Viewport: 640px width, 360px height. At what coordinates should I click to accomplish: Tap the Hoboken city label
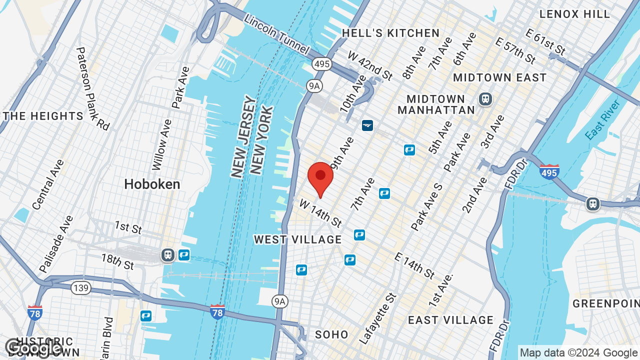click(x=152, y=184)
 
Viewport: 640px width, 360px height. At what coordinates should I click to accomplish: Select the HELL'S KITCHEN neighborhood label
click(x=390, y=33)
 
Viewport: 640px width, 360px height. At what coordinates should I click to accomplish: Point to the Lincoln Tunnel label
click(x=276, y=34)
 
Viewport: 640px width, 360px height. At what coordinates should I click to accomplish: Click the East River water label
click(x=602, y=120)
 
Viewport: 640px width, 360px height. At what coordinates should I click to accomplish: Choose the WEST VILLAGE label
click(x=297, y=239)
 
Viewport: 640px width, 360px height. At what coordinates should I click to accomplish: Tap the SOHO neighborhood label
click(x=331, y=334)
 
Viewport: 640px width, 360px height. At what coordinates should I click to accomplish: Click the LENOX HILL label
click(x=575, y=14)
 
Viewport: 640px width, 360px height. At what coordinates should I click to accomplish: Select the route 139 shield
click(x=80, y=287)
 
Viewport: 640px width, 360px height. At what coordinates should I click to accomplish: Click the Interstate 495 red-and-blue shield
click(x=549, y=172)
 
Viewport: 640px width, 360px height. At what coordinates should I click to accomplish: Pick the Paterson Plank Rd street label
click(x=92, y=88)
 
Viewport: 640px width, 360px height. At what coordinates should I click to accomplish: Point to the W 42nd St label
click(x=370, y=65)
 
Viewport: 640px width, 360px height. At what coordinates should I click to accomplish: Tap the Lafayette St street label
click(x=377, y=318)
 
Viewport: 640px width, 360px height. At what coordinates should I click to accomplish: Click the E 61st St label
click(x=545, y=42)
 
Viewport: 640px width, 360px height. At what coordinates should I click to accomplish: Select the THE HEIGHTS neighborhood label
click(x=43, y=116)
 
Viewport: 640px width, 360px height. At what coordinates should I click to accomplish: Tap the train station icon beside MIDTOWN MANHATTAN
click(x=485, y=98)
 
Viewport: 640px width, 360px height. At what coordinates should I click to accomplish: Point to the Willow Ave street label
click(x=161, y=144)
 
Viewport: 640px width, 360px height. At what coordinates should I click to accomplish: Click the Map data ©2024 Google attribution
click(x=578, y=353)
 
